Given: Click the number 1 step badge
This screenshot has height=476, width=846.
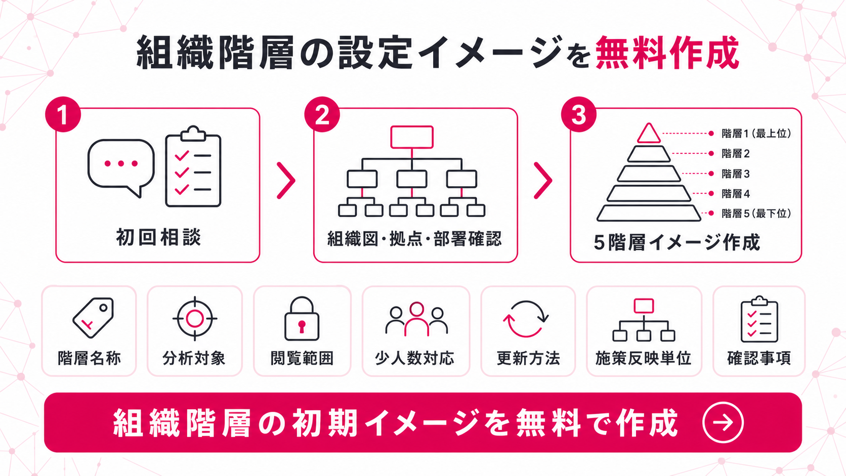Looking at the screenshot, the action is pos(63,114).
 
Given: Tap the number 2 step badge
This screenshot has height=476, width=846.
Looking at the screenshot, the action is pos(322,114).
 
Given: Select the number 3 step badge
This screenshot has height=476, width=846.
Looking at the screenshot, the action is pos(579,114).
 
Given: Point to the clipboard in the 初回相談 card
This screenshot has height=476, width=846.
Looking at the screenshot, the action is pos(193,166).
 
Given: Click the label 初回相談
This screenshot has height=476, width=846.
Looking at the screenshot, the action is pos(158,237).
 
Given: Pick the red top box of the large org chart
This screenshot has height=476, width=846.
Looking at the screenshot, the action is pos(412,137).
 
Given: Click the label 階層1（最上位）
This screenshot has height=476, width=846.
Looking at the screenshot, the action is pos(756,133).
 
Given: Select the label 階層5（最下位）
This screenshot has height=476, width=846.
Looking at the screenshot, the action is pos(756,213).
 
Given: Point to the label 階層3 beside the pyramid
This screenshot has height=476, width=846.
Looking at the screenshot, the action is pos(735,174).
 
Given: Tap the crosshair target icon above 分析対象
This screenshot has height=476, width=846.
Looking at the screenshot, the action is pos(195,319).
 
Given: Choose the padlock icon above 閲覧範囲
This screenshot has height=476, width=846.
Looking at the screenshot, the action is pos(302,319).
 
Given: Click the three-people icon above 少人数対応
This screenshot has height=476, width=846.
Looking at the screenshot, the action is pos(416,319).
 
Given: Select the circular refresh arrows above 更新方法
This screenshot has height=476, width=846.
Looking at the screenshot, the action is pos(525,319).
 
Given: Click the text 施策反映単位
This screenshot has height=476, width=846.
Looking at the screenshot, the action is pos(643,358).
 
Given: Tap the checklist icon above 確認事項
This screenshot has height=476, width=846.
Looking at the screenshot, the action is pos(759,319).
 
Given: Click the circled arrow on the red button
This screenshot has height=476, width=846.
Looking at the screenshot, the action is pos(723,422).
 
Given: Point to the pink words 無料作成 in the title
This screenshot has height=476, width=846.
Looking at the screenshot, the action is pos(667,53).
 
